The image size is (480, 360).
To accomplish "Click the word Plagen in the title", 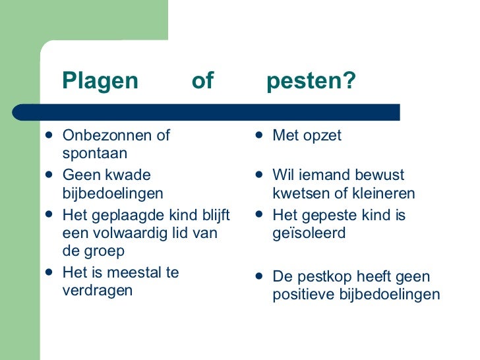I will click(x=100, y=81).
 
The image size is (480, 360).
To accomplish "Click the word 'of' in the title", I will click(x=202, y=81).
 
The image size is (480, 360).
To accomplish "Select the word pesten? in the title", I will click(x=311, y=81).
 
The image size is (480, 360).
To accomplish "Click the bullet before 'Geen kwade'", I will click(x=49, y=176).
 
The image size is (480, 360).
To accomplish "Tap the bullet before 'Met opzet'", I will click(x=260, y=136).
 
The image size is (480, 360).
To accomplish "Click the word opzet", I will click(x=322, y=136).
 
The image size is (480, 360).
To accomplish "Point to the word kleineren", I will click(x=386, y=194).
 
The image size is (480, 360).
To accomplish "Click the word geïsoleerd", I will click(x=309, y=233).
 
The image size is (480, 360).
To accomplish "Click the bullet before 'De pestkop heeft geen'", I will click(x=260, y=276).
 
